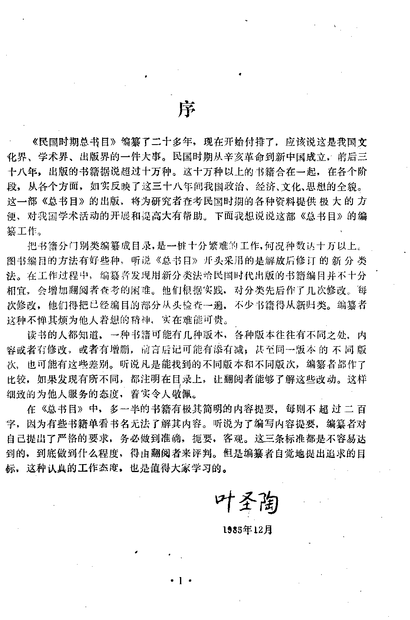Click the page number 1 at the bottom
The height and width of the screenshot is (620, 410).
tap(180, 580)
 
